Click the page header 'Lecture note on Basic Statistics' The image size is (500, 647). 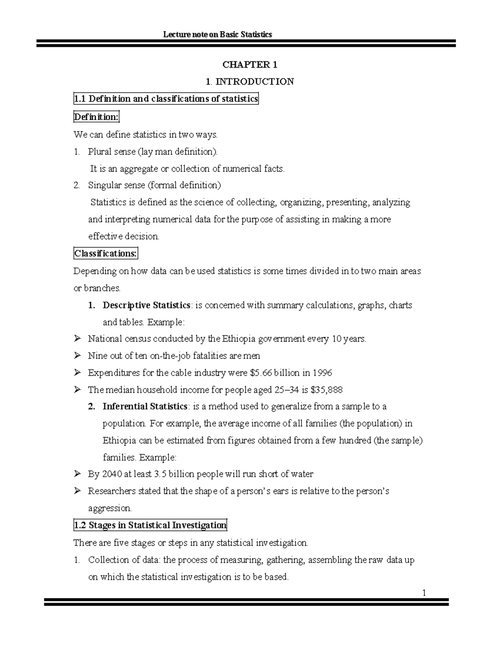click(217, 34)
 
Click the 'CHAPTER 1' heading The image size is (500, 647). click(250, 65)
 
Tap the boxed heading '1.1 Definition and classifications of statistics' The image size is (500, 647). click(166, 99)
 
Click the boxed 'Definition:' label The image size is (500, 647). click(96, 117)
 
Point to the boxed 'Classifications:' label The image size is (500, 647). click(105, 253)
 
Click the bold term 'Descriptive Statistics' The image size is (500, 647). click(146, 305)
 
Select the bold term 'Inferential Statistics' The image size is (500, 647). click(145, 406)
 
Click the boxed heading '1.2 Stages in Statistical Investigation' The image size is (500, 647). click(150, 525)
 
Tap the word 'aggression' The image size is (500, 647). click(110, 508)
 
